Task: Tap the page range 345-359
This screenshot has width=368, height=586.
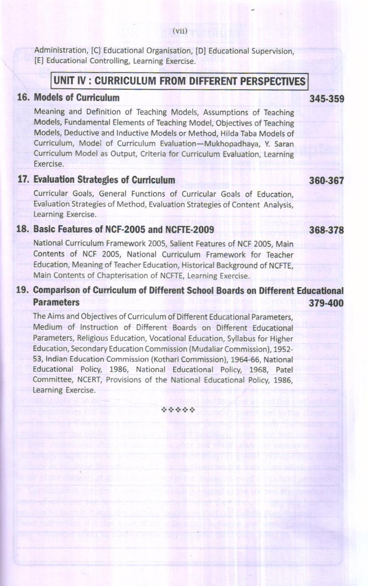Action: (326, 99)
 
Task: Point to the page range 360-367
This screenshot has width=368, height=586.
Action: (326, 181)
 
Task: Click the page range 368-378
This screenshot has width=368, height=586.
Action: (326, 230)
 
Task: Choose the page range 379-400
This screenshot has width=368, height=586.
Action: (326, 303)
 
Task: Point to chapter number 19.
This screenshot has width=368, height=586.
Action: (23, 291)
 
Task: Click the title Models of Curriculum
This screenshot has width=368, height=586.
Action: (77, 98)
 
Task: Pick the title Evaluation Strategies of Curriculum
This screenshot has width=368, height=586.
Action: (104, 180)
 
